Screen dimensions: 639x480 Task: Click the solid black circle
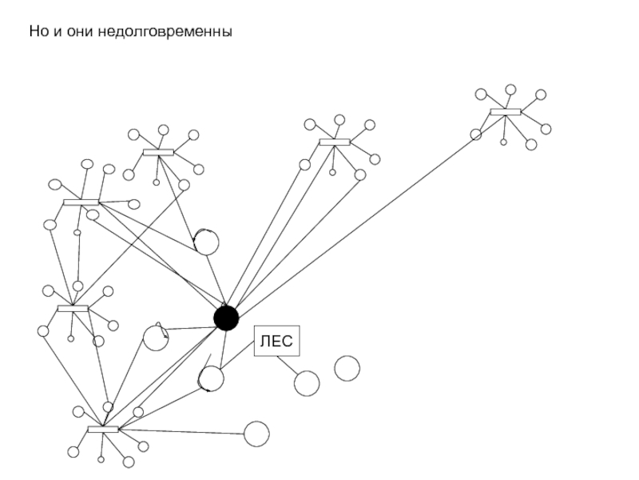click(226, 318)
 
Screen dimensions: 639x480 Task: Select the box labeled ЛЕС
click(276, 342)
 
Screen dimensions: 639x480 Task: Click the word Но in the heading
click(38, 32)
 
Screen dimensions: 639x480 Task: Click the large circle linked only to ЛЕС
click(307, 383)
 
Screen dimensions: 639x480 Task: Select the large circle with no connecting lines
click(347, 368)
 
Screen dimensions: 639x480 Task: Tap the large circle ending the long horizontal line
click(256, 434)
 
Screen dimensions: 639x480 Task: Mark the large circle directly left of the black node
click(156, 337)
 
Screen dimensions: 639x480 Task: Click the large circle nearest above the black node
click(206, 241)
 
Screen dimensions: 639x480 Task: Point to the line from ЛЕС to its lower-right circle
click(288, 365)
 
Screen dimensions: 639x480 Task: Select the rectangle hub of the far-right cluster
click(505, 112)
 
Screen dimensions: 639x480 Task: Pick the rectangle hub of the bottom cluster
click(102, 430)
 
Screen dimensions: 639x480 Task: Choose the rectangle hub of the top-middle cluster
click(334, 142)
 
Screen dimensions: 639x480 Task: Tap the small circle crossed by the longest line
click(476, 134)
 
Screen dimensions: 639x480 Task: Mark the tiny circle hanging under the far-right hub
click(503, 142)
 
